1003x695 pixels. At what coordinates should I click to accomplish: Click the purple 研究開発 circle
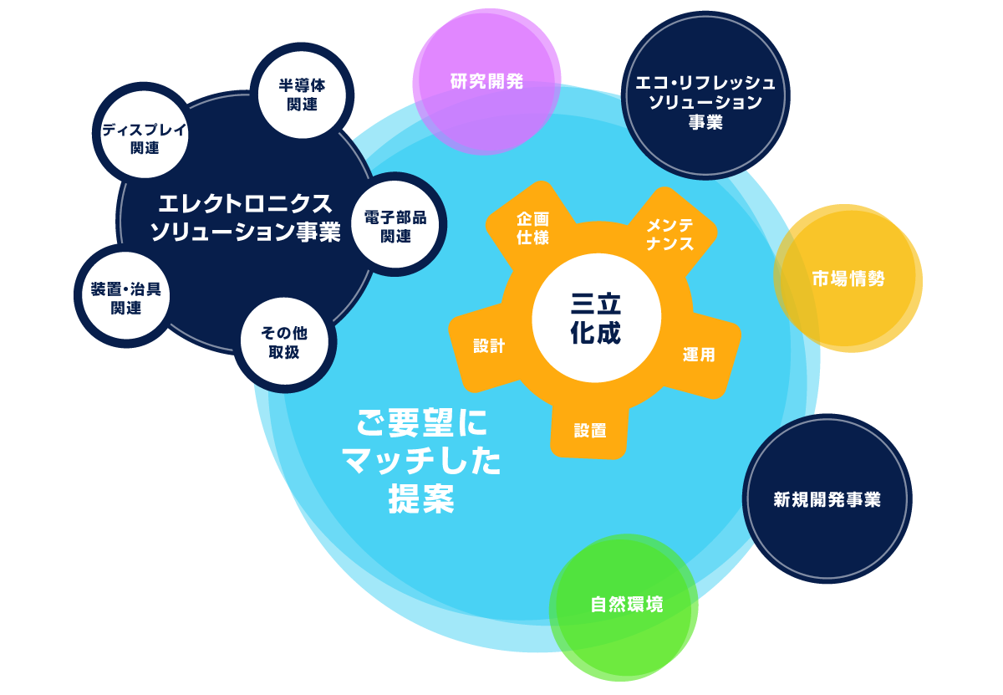pos(486,82)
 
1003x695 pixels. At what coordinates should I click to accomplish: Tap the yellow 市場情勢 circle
pos(848,279)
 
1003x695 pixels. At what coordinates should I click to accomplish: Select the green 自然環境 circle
pos(624,608)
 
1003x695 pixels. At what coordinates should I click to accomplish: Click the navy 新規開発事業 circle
pos(827,498)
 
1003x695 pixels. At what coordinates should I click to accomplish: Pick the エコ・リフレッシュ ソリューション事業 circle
pos(705,95)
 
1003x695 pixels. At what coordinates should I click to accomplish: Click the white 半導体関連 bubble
pos(302,95)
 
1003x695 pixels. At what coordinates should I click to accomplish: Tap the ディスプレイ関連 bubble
pos(144,135)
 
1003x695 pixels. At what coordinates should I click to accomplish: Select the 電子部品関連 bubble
pos(395,224)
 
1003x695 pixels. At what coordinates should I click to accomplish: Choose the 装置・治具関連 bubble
pos(126,296)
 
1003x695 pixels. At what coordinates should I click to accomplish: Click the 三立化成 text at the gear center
pos(596,319)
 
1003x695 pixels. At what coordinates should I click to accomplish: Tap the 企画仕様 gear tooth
pos(532,228)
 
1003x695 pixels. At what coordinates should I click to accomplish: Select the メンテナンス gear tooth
pos(670,234)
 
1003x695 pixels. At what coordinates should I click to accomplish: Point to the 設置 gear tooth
pos(589,430)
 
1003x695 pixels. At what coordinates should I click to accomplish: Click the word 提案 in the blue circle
pos(421,498)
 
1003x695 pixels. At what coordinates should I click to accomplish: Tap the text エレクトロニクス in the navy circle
pos(246,204)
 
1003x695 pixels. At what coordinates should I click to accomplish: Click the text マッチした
pos(421,461)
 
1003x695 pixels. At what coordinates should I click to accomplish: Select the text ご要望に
pos(421,422)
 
